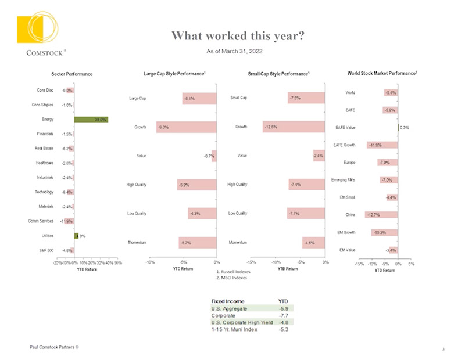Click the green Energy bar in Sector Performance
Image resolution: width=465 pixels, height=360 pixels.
point(91,120)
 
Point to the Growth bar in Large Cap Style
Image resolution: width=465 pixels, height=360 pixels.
point(186,127)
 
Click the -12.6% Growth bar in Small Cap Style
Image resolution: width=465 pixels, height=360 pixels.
point(294,127)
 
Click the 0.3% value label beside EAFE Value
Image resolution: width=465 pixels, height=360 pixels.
point(405,127)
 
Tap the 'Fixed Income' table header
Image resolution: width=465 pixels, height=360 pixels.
point(226,301)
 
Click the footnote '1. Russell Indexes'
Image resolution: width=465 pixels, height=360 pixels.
point(233,271)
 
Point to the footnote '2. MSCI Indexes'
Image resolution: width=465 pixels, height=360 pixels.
point(231,278)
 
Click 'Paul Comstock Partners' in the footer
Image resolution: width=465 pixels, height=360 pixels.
point(55,347)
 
